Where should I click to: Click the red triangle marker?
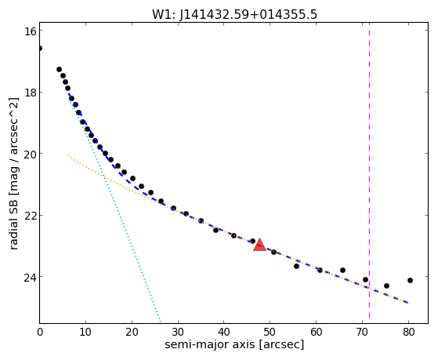click(259, 245)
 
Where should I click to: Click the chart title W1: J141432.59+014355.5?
click(234, 15)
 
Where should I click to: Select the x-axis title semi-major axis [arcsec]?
click(234, 344)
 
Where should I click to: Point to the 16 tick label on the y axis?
click(31, 31)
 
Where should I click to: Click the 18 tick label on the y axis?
click(31, 93)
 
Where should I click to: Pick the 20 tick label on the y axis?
click(31, 154)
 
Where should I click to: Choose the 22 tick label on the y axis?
click(31, 215)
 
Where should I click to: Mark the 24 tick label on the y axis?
click(31, 277)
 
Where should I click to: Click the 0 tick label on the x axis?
click(40, 332)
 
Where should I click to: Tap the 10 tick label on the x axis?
click(85, 332)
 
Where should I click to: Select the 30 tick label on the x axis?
click(178, 332)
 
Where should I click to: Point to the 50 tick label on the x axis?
click(270, 332)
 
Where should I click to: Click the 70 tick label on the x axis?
click(362, 332)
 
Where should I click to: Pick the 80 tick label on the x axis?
click(408, 332)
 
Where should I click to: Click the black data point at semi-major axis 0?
click(40, 49)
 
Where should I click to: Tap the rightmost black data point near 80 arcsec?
click(410, 280)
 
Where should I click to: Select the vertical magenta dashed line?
click(369, 170)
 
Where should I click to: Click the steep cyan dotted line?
click(114, 209)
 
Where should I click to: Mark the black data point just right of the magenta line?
click(386, 285)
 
